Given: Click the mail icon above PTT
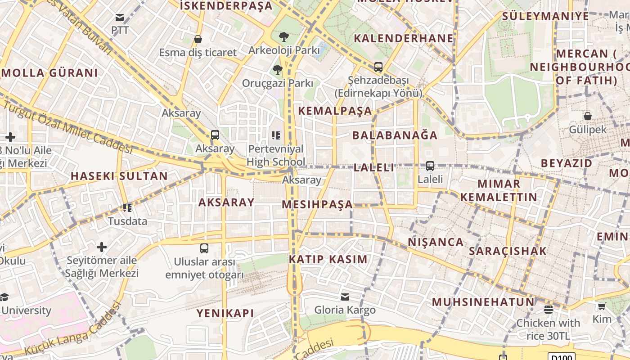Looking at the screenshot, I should tap(120, 18).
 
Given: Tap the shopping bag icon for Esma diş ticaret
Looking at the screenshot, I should tap(198, 39).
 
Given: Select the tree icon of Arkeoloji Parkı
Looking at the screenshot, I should tap(283, 37).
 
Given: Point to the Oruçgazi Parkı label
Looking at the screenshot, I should tap(277, 83).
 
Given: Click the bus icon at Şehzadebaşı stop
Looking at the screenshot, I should tap(378, 67).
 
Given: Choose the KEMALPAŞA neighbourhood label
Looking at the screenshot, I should tap(335, 111).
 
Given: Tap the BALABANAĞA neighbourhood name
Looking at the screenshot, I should tap(395, 135).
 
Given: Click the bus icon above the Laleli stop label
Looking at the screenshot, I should tap(430, 166).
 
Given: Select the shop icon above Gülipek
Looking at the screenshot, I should tap(587, 116).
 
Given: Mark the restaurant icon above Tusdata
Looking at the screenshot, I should tap(127, 208).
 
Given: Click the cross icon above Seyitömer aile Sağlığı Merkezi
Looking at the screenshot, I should tap(102, 247).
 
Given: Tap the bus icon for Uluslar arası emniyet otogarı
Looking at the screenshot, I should tap(204, 248).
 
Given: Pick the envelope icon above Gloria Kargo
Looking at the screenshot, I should tap(345, 297).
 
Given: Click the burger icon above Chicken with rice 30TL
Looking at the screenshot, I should tap(548, 310).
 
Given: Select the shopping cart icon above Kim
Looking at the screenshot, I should tap(602, 306).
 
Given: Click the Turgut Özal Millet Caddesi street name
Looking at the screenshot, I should tap(67, 127).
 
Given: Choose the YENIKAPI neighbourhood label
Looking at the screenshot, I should tap(225, 313).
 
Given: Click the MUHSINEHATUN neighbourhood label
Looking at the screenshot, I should tap(483, 302).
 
